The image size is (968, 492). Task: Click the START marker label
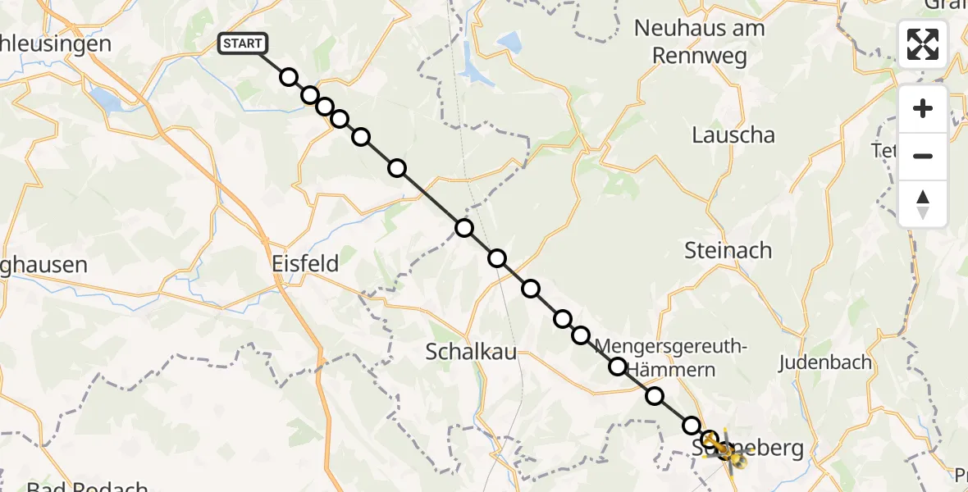242,43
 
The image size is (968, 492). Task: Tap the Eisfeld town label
305,263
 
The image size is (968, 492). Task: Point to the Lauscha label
733,135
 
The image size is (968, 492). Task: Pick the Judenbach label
824,362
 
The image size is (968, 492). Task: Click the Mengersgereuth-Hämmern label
671,358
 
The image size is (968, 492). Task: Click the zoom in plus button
923,108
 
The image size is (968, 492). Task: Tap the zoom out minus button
923,156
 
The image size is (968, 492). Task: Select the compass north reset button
923,203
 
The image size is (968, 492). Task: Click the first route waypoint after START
288,77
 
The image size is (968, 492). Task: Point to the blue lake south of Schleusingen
105,99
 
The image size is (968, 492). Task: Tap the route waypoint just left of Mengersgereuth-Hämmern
618,367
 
